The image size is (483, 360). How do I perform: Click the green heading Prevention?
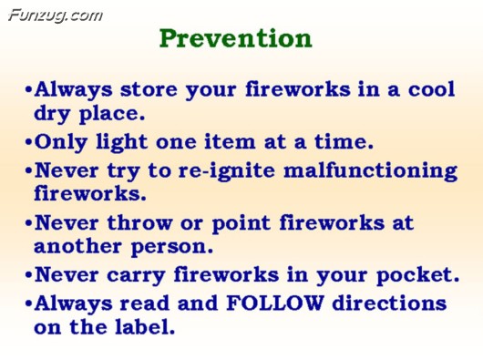235,38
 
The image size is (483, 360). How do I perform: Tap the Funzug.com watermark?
55,14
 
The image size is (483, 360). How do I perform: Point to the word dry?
56,115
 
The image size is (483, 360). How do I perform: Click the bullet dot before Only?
29,143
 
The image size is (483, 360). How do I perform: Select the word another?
77,247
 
